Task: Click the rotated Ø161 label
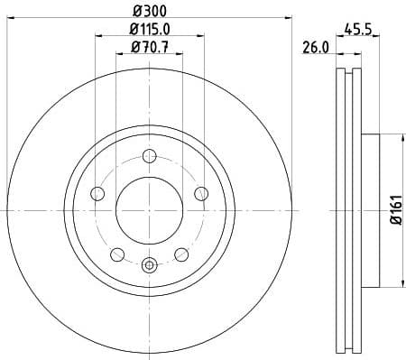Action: [395, 208]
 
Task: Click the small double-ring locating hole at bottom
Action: [150, 264]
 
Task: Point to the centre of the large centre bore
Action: [150, 209]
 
